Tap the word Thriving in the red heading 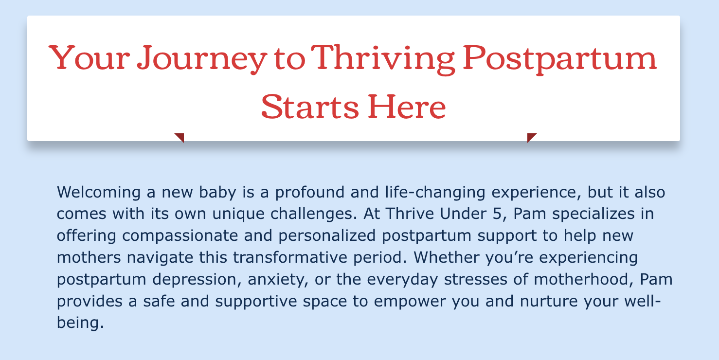tap(383, 59)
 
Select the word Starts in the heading tap(310, 107)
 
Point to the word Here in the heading tap(407, 107)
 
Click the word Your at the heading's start tap(89, 58)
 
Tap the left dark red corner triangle tap(180, 137)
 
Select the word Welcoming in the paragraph tap(99, 193)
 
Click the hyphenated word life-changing tap(435, 193)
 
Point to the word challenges tap(314, 214)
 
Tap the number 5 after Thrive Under tap(497, 214)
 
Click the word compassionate tap(180, 236)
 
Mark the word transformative tap(290, 257)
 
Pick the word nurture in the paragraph tap(549, 301)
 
